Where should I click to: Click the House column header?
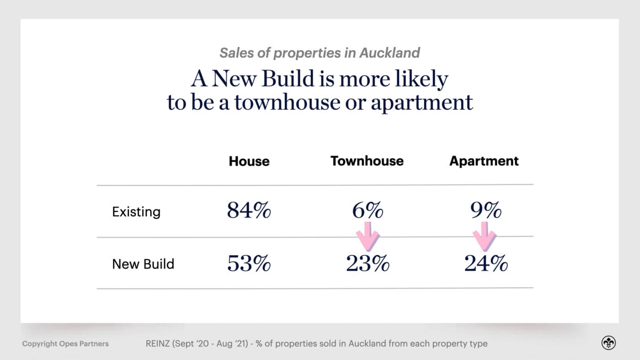[249, 161]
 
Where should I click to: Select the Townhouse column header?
[367, 161]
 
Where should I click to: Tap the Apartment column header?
[484, 161]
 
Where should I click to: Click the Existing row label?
[136, 212]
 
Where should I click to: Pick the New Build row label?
[143, 264]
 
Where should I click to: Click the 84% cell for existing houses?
[249, 211]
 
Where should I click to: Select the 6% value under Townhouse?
[368, 211]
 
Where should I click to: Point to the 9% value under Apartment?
[485, 211]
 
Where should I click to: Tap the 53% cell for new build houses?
[249, 264]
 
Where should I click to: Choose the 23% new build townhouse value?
[368, 264]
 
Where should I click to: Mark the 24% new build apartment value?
[486, 264]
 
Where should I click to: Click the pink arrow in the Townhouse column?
[368, 236]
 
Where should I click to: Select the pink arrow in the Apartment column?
[484, 236]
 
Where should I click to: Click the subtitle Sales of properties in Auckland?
[320, 53]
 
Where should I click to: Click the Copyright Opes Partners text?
[65, 344]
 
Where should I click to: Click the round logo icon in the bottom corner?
[608, 343]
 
